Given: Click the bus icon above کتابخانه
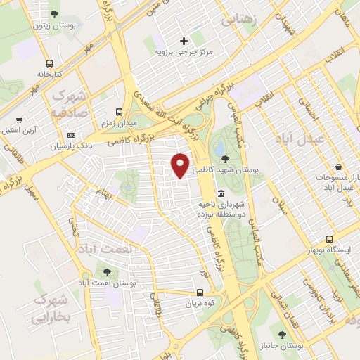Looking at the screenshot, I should (48, 62).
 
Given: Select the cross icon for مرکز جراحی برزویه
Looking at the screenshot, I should (184, 41).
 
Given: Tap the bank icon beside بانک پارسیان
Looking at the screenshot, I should (70, 135).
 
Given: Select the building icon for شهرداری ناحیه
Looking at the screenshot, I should (221, 193).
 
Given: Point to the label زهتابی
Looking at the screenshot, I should (239, 20).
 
